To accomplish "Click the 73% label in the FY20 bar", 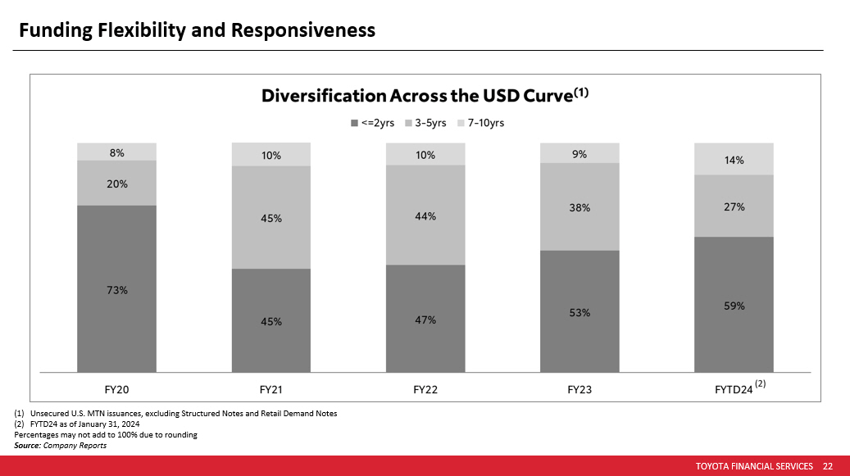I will [116, 290].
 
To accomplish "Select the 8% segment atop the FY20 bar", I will [116, 152].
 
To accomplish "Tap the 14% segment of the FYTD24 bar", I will [734, 160].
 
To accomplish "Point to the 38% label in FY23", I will [580, 208].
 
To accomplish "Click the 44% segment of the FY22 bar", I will [425, 216].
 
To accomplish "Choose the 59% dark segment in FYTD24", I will [734, 306].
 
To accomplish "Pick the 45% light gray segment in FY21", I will [271, 219].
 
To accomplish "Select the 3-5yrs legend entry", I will [426, 123].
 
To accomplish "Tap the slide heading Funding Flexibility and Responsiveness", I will [197, 30].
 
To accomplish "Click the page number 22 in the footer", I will [827, 466].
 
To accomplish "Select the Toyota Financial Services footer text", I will [754, 466].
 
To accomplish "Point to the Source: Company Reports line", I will [61, 446].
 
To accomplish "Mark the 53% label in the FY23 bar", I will [580, 312].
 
